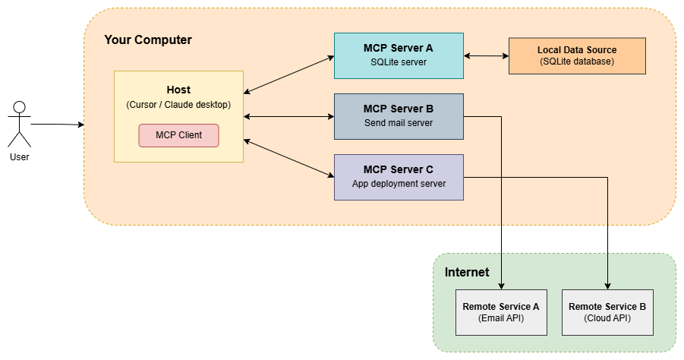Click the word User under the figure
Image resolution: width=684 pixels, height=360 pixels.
pyautogui.click(x=20, y=157)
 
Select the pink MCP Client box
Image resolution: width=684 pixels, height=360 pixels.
pyautogui.click(x=178, y=135)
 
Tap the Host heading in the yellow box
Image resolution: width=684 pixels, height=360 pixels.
pyautogui.click(x=178, y=90)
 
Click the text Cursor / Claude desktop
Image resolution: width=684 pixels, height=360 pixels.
pyautogui.click(x=178, y=105)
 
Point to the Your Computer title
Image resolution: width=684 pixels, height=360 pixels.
pyautogui.click(x=148, y=39)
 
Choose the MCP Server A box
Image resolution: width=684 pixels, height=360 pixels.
pyautogui.click(x=399, y=55)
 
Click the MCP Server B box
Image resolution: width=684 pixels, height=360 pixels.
pyautogui.click(x=399, y=116)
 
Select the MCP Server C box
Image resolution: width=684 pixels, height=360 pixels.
pyautogui.click(x=399, y=177)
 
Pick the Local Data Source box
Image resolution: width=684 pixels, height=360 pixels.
pyautogui.click(x=577, y=55)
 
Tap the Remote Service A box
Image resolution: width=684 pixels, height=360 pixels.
pyautogui.click(x=501, y=312)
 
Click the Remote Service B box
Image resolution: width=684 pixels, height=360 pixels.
pyautogui.click(x=607, y=312)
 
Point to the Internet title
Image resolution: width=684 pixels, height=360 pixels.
pyautogui.click(x=467, y=272)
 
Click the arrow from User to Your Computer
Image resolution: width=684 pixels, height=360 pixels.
pyautogui.click(x=57, y=123)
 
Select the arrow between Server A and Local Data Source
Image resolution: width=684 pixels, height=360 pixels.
pyautogui.click(x=486, y=55)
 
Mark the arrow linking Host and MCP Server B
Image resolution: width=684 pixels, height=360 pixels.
pyautogui.click(x=288, y=116)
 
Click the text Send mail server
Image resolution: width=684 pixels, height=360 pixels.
pyautogui.click(x=399, y=123)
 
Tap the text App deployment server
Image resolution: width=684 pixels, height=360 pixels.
pyautogui.click(x=399, y=184)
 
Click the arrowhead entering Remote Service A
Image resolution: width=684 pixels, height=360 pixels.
pyautogui.click(x=501, y=286)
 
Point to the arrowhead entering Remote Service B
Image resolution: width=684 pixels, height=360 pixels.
pyautogui.click(x=607, y=286)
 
